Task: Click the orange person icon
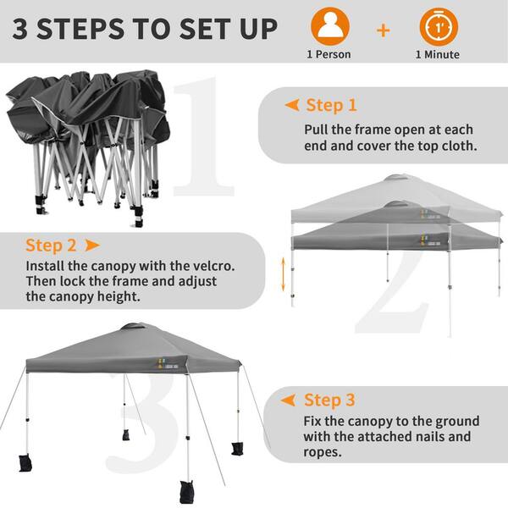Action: click(x=330, y=26)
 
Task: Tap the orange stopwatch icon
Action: click(x=439, y=26)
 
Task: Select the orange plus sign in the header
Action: click(x=384, y=30)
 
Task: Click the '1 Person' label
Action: click(x=329, y=54)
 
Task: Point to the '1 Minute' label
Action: click(x=438, y=54)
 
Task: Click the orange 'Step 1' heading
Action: click(x=331, y=105)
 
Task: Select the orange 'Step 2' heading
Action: click(x=51, y=246)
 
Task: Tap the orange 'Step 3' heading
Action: click(x=329, y=400)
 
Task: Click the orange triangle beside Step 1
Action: click(x=292, y=105)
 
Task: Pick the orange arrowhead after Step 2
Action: click(x=92, y=246)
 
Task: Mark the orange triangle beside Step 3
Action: click(x=288, y=400)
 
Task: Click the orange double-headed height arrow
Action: click(x=284, y=274)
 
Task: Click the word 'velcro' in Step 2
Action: click(x=213, y=266)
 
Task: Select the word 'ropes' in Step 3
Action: click(x=323, y=452)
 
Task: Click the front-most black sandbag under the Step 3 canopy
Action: click(x=186, y=491)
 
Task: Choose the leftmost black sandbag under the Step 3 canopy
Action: click(x=25, y=462)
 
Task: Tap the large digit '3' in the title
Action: click(x=20, y=29)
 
